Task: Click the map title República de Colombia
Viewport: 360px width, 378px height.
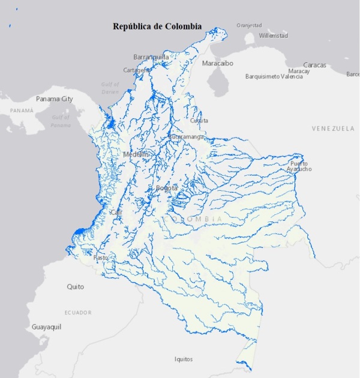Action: (157, 26)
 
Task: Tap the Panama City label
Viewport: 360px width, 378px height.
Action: (55, 98)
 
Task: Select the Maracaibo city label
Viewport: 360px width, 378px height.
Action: (217, 63)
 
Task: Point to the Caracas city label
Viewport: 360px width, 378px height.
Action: (314, 64)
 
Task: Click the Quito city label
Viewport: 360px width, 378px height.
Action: (76, 287)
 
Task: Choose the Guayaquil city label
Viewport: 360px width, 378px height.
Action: (47, 328)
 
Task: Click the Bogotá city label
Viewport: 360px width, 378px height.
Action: (166, 188)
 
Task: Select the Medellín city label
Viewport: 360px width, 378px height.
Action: (135, 154)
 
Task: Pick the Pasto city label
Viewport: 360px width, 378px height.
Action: (101, 257)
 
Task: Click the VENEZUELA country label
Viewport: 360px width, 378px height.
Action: (333, 129)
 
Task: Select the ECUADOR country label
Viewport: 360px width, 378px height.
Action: (78, 313)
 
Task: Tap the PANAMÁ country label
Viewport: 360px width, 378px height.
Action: (22, 111)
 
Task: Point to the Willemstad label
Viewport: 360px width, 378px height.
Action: (273, 36)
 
